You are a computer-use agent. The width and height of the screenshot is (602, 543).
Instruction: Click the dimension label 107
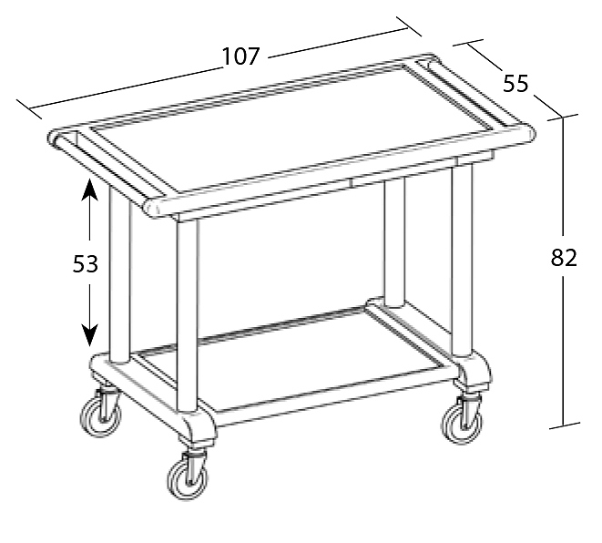click(x=241, y=56)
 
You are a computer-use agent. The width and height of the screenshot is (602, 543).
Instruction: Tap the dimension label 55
click(x=515, y=83)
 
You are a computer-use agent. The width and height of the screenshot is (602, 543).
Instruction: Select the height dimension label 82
click(x=564, y=258)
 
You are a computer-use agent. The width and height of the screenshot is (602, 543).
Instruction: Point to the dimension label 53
click(x=86, y=264)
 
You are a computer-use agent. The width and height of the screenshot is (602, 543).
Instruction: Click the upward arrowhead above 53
click(x=89, y=190)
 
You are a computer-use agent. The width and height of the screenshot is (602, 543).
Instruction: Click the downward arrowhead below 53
click(x=89, y=335)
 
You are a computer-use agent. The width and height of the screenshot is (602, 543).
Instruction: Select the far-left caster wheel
click(x=101, y=416)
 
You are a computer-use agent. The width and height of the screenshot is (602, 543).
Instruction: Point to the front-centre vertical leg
click(x=188, y=315)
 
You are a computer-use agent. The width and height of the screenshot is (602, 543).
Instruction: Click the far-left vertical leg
click(x=119, y=272)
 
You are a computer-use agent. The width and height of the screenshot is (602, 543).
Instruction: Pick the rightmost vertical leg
click(x=463, y=260)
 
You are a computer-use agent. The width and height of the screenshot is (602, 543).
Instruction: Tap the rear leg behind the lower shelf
click(x=394, y=242)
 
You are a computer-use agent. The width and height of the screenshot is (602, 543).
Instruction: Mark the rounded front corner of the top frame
click(x=152, y=208)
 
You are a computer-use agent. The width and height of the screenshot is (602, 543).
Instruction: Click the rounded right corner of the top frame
click(x=528, y=132)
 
